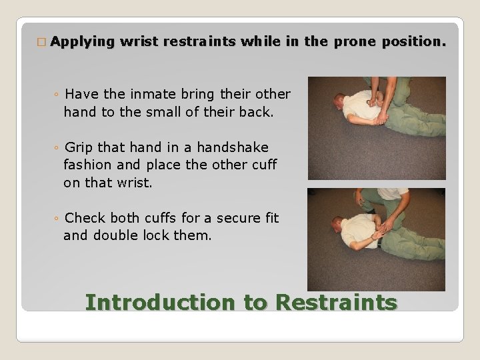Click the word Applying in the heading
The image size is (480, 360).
click(82, 41)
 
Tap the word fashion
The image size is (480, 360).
click(87, 164)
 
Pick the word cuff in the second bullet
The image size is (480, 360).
click(263, 164)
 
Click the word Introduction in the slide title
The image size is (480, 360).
click(160, 302)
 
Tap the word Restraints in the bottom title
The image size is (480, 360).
click(336, 302)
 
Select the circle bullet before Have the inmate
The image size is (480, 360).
click(58, 94)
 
